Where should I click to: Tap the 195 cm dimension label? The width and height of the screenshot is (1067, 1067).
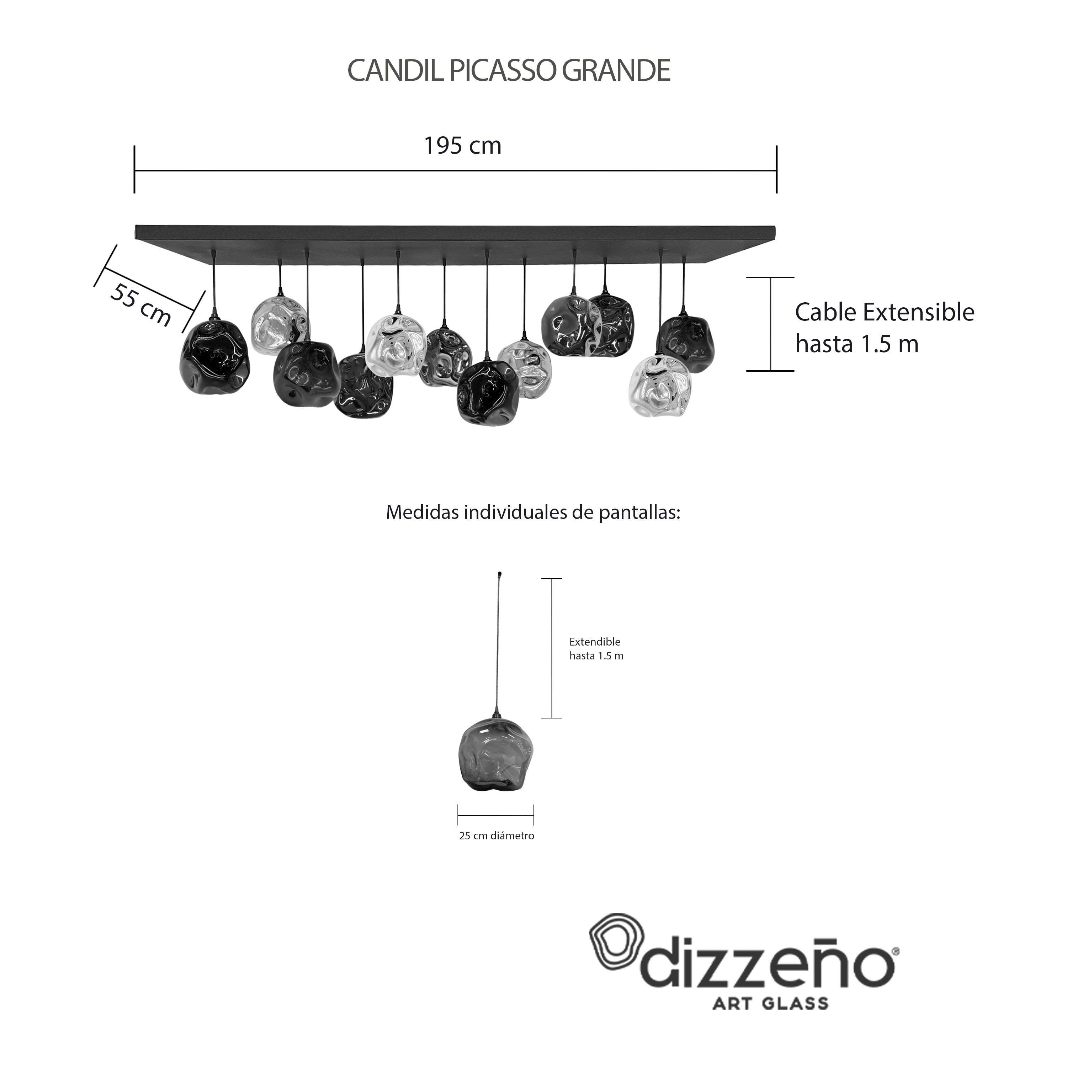coord(462,146)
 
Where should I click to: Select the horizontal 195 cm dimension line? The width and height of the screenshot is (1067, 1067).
coord(456,171)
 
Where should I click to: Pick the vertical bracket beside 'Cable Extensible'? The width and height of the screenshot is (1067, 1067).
coord(770,324)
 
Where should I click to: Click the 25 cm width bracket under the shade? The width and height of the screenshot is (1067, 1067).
coord(496,814)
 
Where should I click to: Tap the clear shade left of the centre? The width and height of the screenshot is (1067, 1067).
coord(394,345)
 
